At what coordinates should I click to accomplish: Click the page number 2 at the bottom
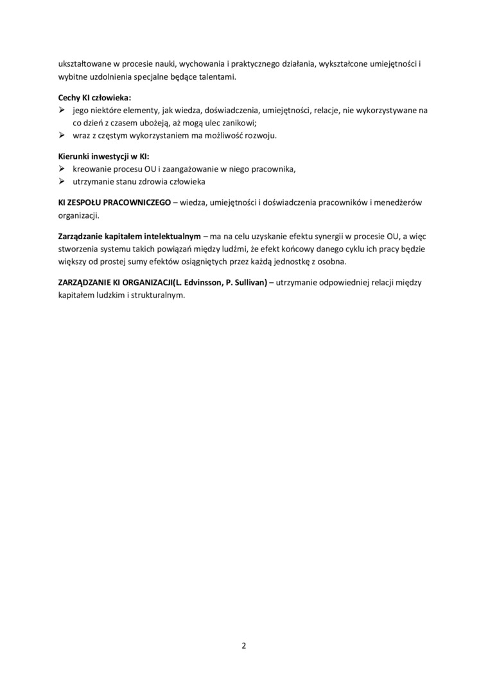point(244,645)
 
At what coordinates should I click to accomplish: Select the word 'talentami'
point(218,77)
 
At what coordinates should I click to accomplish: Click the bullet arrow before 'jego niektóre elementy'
point(62,110)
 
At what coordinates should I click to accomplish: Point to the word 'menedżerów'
point(399,202)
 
